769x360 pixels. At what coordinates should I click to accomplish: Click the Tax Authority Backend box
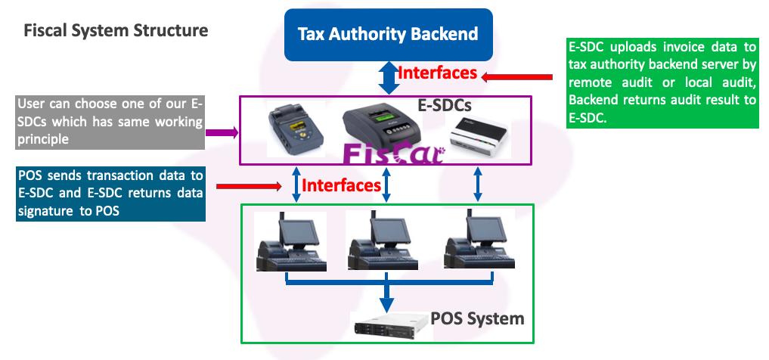coord(388,34)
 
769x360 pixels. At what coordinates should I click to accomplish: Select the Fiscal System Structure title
coord(116,31)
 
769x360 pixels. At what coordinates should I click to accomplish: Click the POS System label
coord(477,318)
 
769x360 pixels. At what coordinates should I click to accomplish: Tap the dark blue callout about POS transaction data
coord(110,194)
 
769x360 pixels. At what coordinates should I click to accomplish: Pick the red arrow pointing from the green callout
coord(520,76)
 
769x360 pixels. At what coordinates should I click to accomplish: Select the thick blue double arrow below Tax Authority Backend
coord(389,78)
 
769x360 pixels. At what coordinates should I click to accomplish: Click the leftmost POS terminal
coord(290,242)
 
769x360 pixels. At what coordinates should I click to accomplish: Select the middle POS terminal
coord(383,242)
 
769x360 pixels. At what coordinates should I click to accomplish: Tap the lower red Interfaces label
coord(342,185)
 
